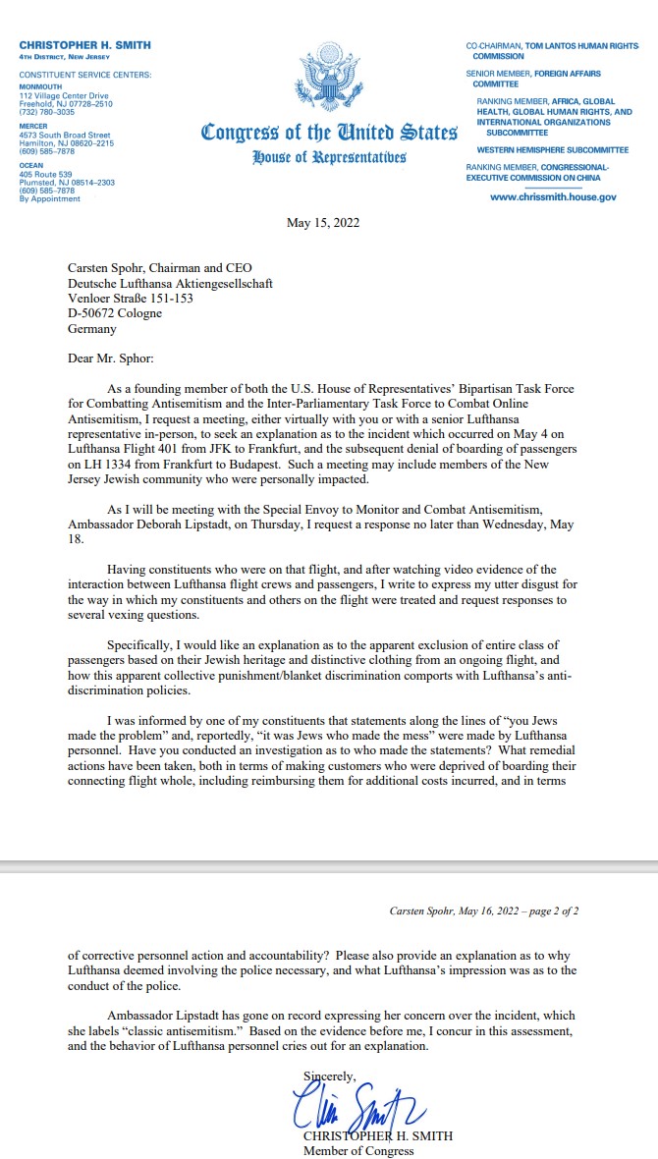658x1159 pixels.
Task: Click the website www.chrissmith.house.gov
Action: [x=553, y=197]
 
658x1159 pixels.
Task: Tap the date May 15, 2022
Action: [x=323, y=223]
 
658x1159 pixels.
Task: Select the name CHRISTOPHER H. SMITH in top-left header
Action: [x=84, y=46]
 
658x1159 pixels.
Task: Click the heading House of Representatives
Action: [x=329, y=158]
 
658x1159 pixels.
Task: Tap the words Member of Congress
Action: [x=358, y=1151]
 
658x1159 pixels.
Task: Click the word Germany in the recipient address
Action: [x=92, y=330]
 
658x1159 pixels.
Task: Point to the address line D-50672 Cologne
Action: [x=115, y=314]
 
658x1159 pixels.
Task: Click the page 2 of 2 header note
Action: [x=484, y=911]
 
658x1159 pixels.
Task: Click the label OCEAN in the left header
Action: [x=30, y=166]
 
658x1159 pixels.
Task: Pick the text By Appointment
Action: [x=49, y=198]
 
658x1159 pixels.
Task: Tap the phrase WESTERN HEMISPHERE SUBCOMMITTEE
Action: [x=552, y=150]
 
